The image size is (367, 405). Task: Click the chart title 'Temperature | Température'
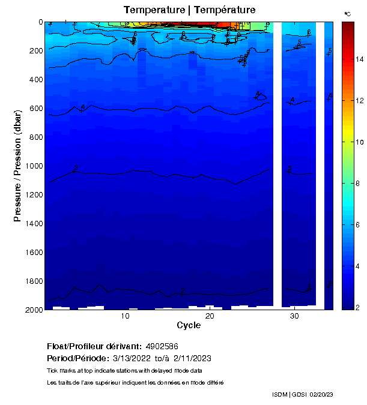tap(189, 10)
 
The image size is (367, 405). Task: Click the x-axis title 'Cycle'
tap(189, 325)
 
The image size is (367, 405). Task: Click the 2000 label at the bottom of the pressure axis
tap(32, 310)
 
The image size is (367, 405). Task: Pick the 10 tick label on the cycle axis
tap(126, 316)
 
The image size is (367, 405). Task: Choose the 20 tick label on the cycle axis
tap(210, 316)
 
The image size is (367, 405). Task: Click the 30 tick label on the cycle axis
tap(294, 316)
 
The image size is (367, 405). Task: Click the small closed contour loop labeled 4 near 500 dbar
tap(261, 97)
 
